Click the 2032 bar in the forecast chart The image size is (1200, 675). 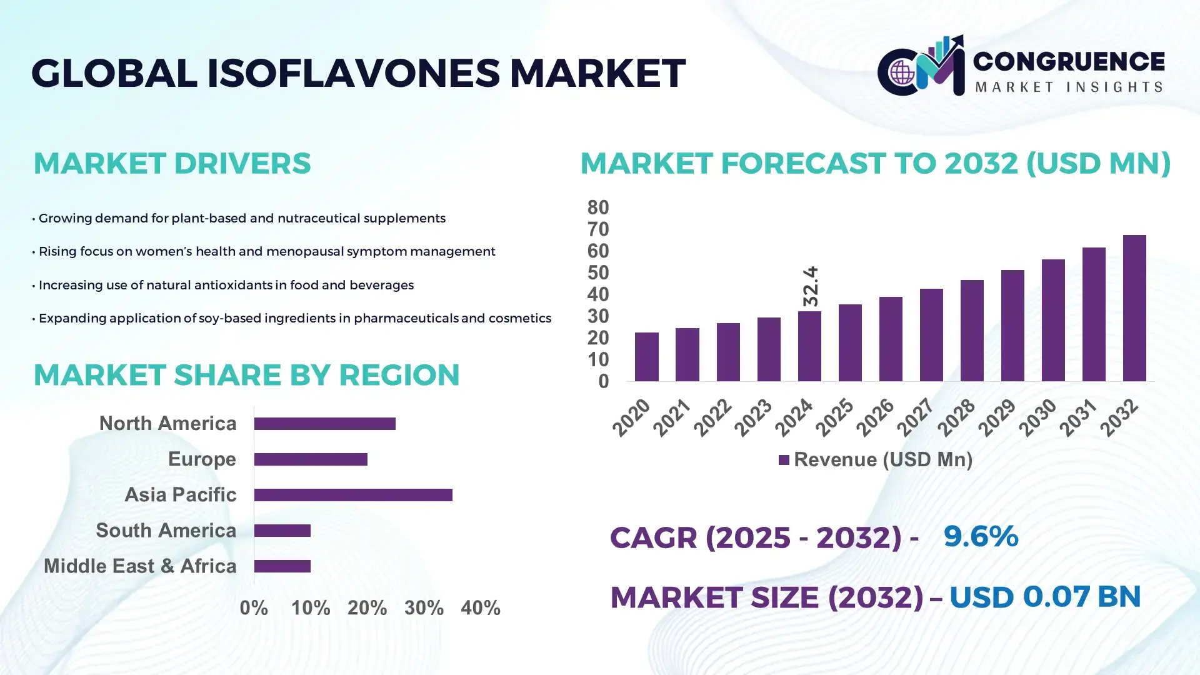click(1134, 308)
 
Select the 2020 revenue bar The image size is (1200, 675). click(646, 357)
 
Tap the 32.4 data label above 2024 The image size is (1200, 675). click(810, 286)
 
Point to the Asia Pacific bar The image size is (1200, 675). click(353, 495)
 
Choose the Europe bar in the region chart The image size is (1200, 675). click(311, 459)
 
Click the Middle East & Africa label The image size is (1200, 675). click(140, 566)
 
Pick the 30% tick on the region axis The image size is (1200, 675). click(424, 608)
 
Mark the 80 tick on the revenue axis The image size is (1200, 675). click(597, 207)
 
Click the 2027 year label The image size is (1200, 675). click(916, 417)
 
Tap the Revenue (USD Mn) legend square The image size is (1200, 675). click(783, 460)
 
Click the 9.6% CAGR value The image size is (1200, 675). click(981, 536)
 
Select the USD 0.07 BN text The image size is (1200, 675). click(1045, 597)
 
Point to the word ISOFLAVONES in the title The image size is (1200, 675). click(353, 72)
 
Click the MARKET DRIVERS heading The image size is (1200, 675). click(172, 163)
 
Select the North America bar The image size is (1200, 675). click(324, 424)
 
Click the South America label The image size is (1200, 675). click(166, 531)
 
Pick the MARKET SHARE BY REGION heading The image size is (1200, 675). click(246, 375)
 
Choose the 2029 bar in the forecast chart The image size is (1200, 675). click(1012, 326)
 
